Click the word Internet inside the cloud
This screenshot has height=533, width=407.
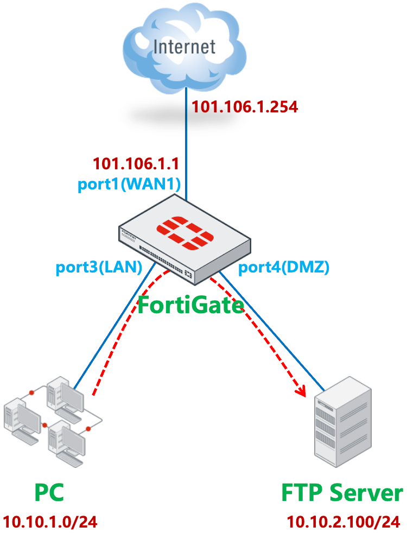tap(185, 47)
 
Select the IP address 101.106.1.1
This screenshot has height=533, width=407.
tap(136, 163)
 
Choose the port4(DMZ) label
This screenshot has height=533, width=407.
tap(284, 266)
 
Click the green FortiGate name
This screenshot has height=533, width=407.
tap(190, 305)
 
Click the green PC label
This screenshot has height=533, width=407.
tap(49, 493)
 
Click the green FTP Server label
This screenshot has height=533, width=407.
tap(342, 493)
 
